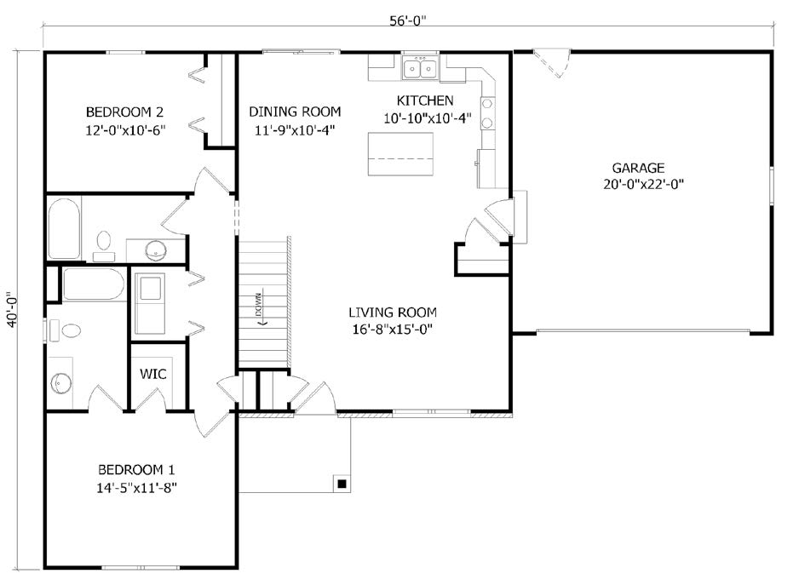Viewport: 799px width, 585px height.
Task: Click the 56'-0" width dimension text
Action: [x=408, y=21]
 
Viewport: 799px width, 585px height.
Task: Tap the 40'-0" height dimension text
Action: [x=13, y=309]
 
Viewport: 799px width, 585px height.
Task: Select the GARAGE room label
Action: [x=638, y=168]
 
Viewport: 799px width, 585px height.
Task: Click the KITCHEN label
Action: [x=425, y=100]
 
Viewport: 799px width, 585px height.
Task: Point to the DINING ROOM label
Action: [x=295, y=112]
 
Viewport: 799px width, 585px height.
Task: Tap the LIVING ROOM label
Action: [x=393, y=312]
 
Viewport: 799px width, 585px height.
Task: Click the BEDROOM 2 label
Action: [x=125, y=112]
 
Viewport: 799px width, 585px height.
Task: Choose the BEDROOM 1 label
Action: [x=136, y=469]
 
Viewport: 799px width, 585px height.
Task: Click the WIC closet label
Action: [x=152, y=374]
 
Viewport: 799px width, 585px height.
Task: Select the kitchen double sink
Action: [x=421, y=68]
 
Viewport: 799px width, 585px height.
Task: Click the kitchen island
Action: [x=400, y=154]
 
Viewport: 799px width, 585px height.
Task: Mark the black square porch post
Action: [x=342, y=483]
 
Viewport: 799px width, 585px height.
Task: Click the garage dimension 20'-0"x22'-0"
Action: [x=643, y=185]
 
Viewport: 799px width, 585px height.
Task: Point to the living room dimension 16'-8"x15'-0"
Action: [x=393, y=330]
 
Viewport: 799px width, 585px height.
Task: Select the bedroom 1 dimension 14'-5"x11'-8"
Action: [x=136, y=488]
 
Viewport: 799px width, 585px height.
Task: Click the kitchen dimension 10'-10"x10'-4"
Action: [x=427, y=118]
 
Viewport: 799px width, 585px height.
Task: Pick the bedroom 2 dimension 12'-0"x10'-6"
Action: [x=125, y=130]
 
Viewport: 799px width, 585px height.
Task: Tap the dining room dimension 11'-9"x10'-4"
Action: [x=295, y=130]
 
